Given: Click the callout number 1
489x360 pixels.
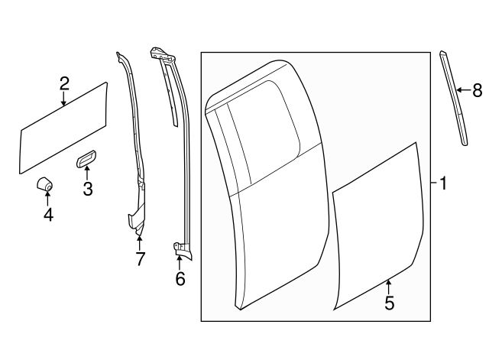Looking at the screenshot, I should tap(443, 183).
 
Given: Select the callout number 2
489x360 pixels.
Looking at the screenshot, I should tap(65, 83).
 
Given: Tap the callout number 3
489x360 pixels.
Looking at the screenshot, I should tap(88, 188).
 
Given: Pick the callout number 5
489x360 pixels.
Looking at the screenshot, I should tap(389, 303).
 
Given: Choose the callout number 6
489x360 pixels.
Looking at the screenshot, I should tap(180, 279).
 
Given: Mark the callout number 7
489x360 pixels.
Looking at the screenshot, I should tap(140, 259).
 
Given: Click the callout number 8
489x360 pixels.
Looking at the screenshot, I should tap(477, 91).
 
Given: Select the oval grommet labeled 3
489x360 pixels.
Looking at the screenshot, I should tap(86, 158).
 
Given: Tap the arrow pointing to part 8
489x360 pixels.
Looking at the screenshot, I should tap(463, 91).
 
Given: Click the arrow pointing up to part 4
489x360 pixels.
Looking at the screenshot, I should tap(48, 199).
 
